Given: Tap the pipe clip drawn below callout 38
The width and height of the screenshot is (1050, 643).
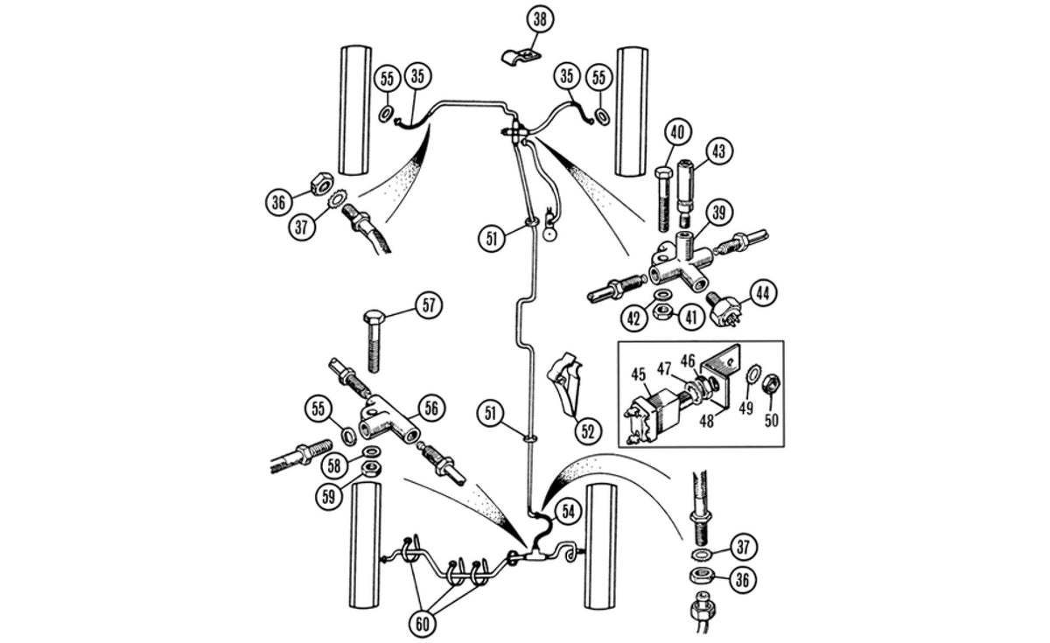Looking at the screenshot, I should (521, 58).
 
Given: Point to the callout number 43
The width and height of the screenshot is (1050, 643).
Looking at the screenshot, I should (717, 150).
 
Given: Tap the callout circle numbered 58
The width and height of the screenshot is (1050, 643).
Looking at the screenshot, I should (334, 465).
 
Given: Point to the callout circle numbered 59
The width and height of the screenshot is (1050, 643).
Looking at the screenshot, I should (329, 494).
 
